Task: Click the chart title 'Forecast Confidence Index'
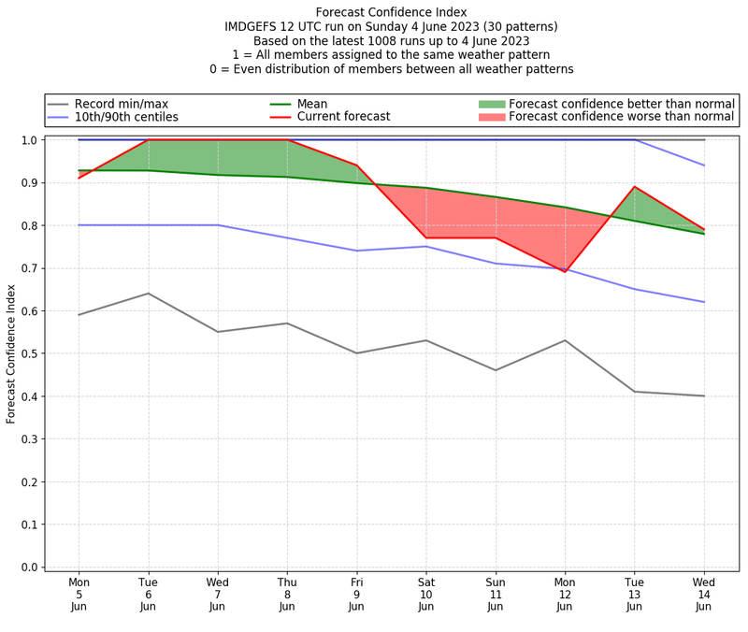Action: point(392,12)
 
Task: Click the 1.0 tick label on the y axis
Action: point(30,140)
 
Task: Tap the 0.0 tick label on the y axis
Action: point(30,567)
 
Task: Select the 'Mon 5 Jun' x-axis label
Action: point(79,594)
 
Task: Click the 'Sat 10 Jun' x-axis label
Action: point(426,594)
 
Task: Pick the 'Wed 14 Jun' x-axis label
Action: point(704,594)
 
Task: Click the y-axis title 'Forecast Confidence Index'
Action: point(12,353)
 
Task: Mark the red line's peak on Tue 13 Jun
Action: point(635,187)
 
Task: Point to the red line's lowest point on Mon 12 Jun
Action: point(565,272)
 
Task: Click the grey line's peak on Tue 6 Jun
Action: point(148,294)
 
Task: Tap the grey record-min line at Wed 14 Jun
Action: point(704,395)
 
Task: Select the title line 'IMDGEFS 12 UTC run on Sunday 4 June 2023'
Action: point(392,27)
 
